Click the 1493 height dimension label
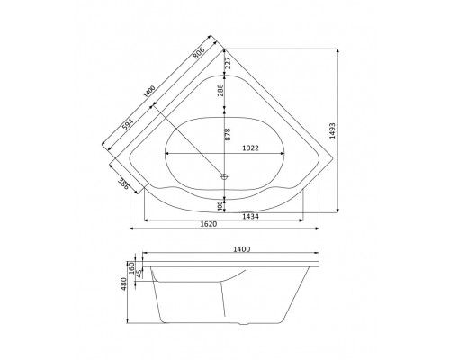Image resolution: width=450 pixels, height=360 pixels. click(332, 130)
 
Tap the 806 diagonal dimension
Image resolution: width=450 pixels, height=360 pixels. click(199, 53)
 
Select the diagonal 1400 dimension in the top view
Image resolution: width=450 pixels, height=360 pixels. click(149, 91)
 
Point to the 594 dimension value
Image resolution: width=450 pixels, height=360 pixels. click(128, 124)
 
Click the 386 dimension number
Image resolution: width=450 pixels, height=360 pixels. click(123, 184)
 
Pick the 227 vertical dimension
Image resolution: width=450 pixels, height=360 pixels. click(229, 63)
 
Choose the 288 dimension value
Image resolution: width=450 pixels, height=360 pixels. click(220, 90)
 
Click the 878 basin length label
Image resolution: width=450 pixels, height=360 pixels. click(228, 135)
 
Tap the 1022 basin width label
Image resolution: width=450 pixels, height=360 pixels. click(250, 148)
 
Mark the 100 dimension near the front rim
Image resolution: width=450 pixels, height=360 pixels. click(220, 206)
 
